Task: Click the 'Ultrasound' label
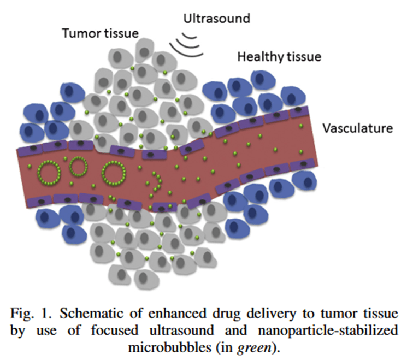[216, 19]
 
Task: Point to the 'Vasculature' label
[357, 129]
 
